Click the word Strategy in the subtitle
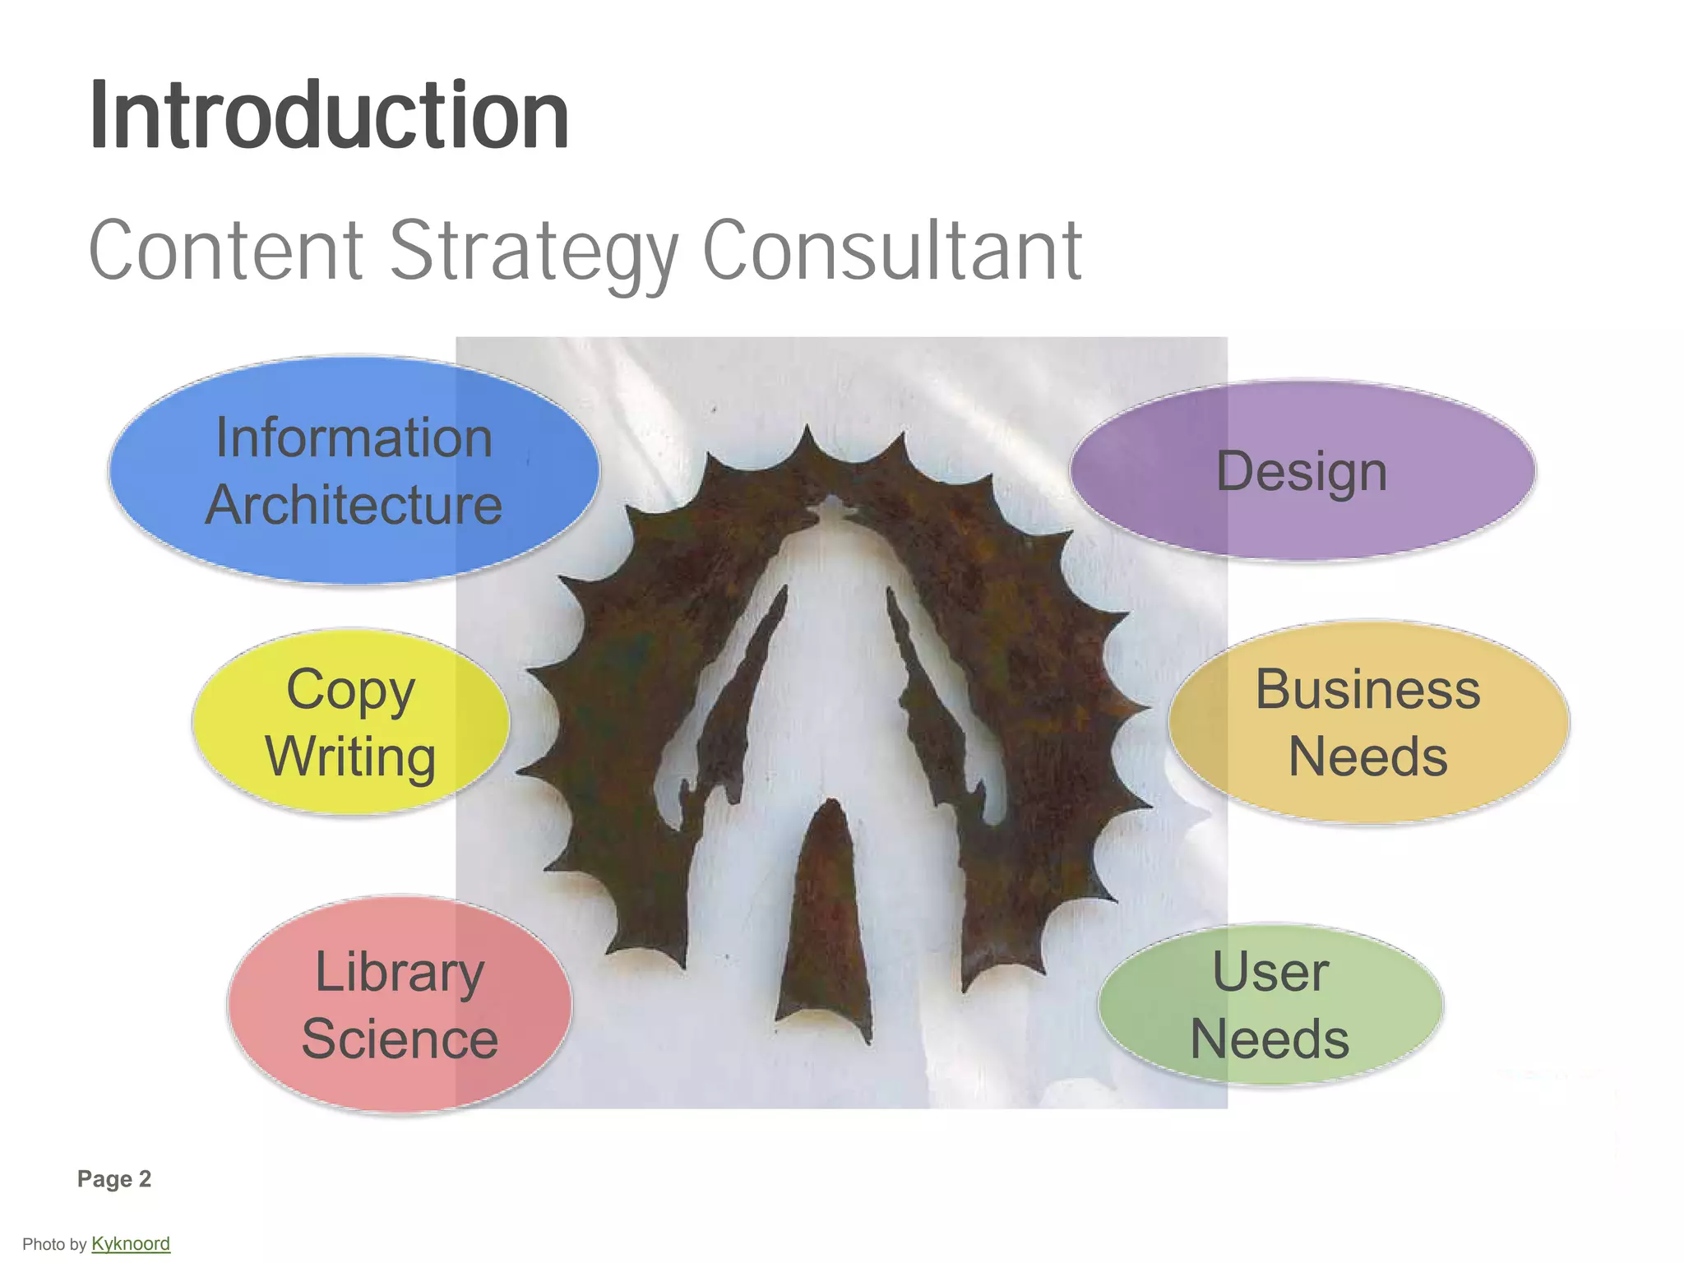(x=533, y=251)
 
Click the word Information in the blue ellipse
(x=354, y=437)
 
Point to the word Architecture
(x=354, y=505)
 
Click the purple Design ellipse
(x=1302, y=471)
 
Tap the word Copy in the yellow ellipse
(x=350, y=689)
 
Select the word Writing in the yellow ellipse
(x=350, y=756)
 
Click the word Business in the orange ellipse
(x=1367, y=689)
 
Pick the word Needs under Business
(x=1367, y=756)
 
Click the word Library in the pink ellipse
(x=400, y=972)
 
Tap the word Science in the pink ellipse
(x=400, y=1039)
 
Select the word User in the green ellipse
(x=1270, y=972)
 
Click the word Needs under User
(x=1270, y=1039)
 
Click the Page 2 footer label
(x=114, y=1179)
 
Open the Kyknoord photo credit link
(x=131, y=1243)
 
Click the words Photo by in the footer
(x=54, y=1244)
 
